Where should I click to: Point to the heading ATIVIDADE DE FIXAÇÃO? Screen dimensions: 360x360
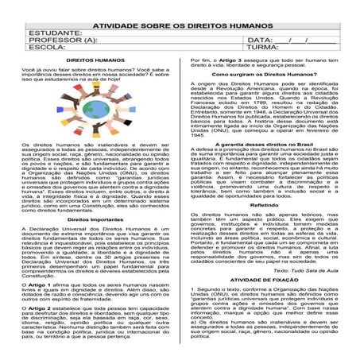(269, 281)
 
